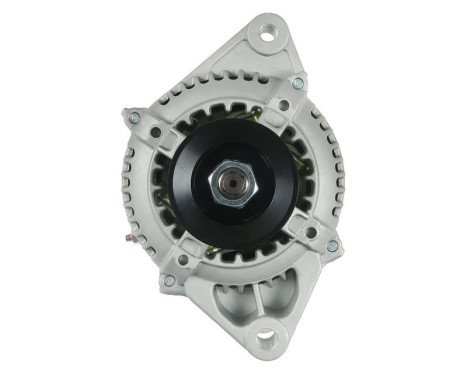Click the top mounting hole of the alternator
click(267, 37)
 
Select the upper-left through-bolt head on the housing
click(134, 118)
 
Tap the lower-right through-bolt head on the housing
click(331, 245)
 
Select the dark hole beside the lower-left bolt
click(186, 262)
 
